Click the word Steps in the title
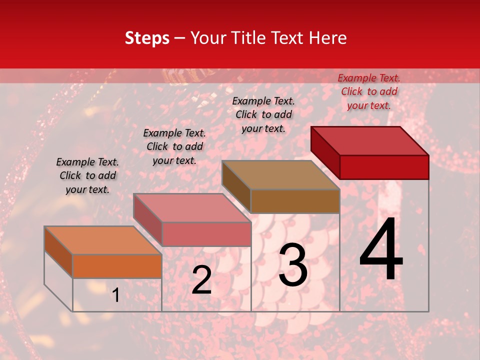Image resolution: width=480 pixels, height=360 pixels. pos(147,38)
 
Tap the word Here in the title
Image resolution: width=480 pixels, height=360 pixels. pos(328,38)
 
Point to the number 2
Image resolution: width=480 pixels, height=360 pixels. pos(201,280)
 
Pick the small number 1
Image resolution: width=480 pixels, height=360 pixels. pos(115,295)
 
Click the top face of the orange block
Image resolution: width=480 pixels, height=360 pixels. pos(102,240)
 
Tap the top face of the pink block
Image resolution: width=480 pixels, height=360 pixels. pos(191,208)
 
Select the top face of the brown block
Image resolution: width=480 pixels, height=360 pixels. pos(280,175)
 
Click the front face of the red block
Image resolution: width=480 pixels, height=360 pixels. pos(384,167)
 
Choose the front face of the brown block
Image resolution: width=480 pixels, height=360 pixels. pos(295,201)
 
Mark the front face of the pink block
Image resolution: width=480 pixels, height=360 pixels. pos(206,234)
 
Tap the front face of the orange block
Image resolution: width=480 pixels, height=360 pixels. pos(117,266)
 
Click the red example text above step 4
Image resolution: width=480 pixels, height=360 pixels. pos(369,91)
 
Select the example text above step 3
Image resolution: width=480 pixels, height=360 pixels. pos(263,114)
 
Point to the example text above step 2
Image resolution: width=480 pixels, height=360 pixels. pos(174,146)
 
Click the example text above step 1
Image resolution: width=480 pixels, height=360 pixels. pos(87,175)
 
